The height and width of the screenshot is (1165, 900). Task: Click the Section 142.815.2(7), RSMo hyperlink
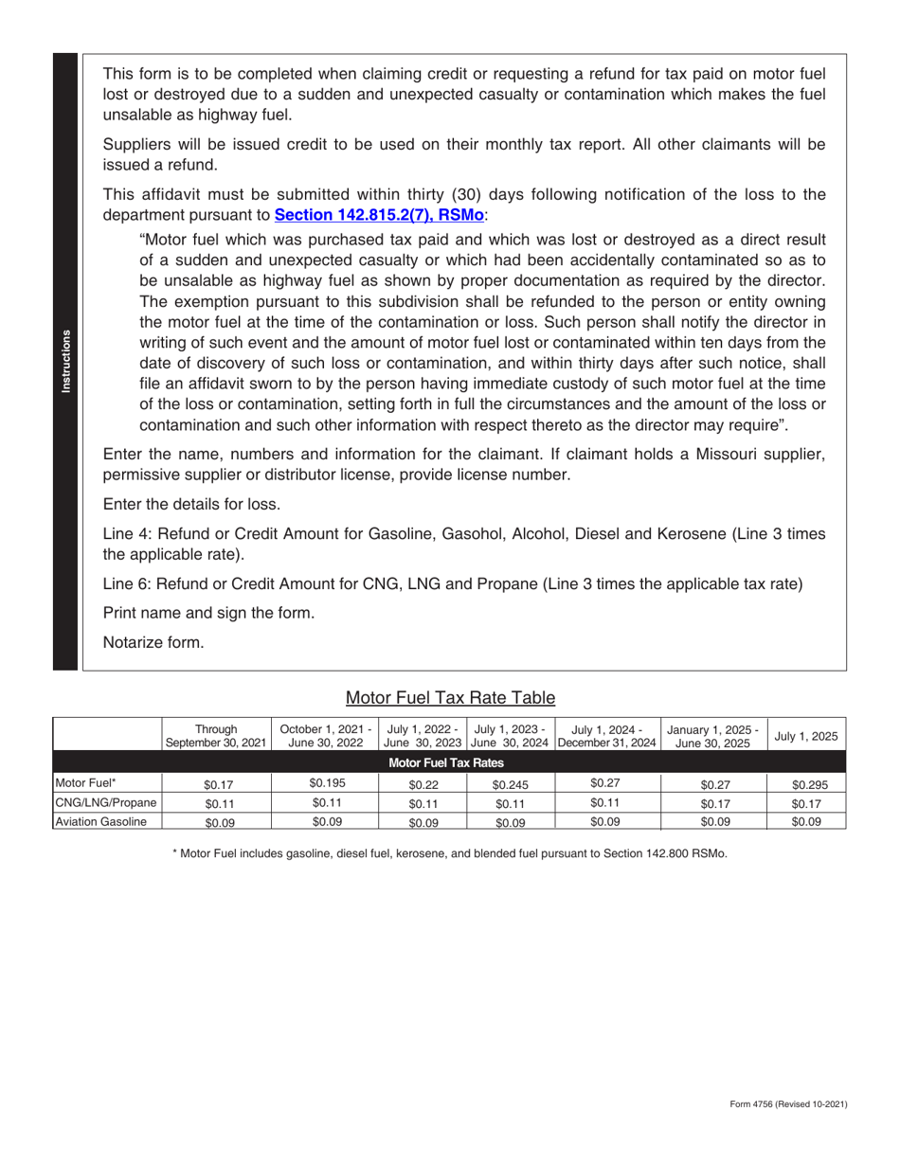click(379, 215)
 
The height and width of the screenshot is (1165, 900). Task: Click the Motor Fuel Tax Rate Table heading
click(450, 698)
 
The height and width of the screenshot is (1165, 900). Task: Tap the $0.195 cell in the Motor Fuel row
click(326, 783)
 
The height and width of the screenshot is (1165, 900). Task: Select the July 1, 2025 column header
click(806, 736)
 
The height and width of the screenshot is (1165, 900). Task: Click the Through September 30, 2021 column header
click(216, 736)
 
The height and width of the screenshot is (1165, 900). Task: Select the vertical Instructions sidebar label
click(65, 362)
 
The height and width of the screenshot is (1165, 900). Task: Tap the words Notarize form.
click(153, 642)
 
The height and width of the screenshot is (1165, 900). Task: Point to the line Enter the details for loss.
click(191, 504)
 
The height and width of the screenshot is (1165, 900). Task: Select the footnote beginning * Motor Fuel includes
click(450, 853)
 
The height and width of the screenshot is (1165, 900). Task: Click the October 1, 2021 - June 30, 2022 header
click(326, 736)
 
